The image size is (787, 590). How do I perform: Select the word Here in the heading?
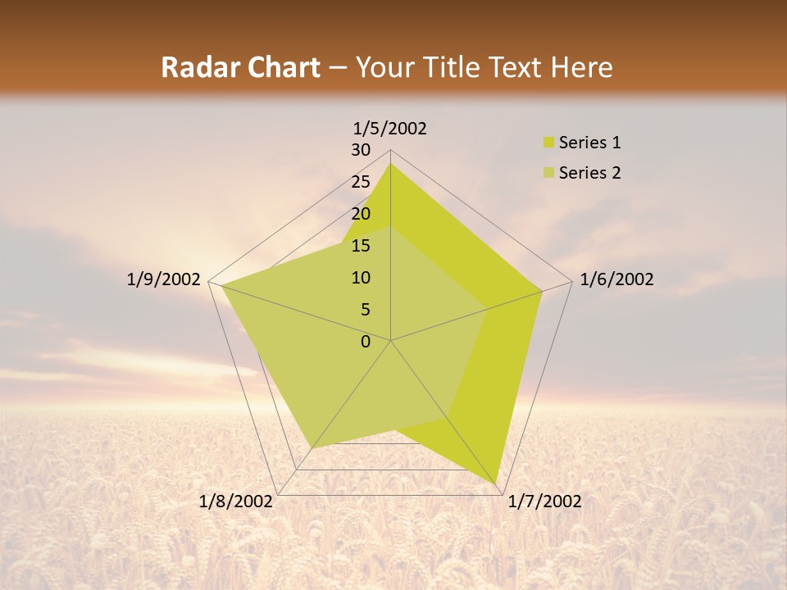point(581,67)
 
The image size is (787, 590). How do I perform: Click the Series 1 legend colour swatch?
point(549,143)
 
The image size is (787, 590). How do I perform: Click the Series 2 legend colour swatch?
point(549,173)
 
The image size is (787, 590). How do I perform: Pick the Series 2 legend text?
point(589,173)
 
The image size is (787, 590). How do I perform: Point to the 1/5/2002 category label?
point(390,128)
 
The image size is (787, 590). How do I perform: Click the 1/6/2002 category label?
point(616,279)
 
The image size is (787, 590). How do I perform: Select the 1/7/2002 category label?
point(544,501)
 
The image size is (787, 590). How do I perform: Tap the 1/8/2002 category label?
point(236,501)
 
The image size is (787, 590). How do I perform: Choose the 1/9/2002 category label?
point(163,279)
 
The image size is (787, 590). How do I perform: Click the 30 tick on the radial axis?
point(361,150)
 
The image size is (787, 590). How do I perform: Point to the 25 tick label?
point(361,182)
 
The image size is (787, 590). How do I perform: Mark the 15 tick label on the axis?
point(361,246)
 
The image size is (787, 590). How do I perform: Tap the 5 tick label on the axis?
point(366,310)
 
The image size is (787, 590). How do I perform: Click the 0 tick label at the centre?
point(366,342)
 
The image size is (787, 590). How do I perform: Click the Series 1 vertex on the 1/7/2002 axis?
point(497,484)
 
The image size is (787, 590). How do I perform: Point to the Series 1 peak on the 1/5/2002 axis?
point(390,163)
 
